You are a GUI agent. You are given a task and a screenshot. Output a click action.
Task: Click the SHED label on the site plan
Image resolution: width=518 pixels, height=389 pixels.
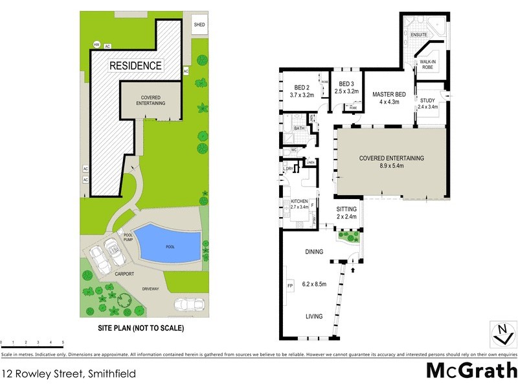tap(199, 25)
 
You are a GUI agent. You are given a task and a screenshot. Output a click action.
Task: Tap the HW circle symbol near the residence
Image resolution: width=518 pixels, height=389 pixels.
tap(96, 45)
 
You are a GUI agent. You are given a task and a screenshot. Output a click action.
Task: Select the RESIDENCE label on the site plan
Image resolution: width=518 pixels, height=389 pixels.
tap(135, 66)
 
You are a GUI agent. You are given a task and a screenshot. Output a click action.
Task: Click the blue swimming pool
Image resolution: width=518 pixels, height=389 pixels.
tap(168, 244)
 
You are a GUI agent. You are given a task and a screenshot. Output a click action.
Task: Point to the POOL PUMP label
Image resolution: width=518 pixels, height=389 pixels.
tap(128, 238)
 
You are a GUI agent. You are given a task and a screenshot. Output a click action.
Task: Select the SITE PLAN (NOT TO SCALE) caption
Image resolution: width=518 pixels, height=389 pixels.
tap(141, 328)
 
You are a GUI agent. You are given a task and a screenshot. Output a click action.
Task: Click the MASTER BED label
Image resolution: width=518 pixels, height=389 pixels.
tap(389, 95)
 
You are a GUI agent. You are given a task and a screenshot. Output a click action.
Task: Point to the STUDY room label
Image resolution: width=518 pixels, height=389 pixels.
tap(427, 100)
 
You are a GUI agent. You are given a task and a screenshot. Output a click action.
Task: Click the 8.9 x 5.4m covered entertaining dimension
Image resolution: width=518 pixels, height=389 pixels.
tap(391, 166)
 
